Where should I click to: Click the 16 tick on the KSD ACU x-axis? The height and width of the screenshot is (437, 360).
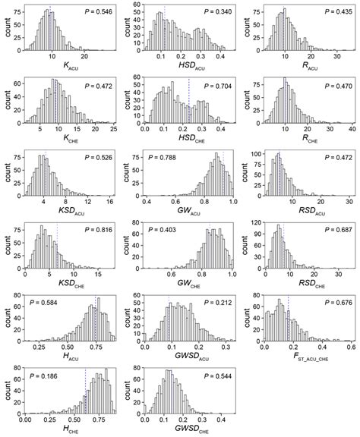109,202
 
